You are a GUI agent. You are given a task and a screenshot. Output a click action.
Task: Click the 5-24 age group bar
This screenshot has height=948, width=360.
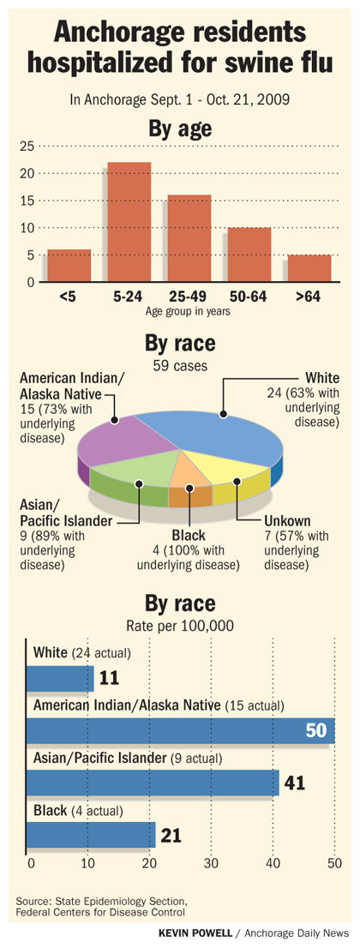(129, 222)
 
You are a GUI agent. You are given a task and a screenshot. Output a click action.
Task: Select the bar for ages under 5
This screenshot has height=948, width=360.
(69, 266)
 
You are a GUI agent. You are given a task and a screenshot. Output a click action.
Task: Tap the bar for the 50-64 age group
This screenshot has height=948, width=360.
(249, 255)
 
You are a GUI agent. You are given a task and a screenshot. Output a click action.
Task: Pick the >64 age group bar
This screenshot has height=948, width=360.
(309, 268)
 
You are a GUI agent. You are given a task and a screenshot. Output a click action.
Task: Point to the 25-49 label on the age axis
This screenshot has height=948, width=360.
(189, 297)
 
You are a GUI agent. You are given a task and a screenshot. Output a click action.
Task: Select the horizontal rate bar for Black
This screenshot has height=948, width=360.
(91, 834)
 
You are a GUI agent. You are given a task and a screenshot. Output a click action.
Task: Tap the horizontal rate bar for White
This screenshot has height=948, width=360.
(60, 678)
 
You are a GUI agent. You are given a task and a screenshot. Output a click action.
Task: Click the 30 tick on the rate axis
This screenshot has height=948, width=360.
(211, 863)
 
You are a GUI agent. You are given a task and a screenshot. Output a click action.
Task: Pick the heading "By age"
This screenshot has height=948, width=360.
(180, 129)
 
